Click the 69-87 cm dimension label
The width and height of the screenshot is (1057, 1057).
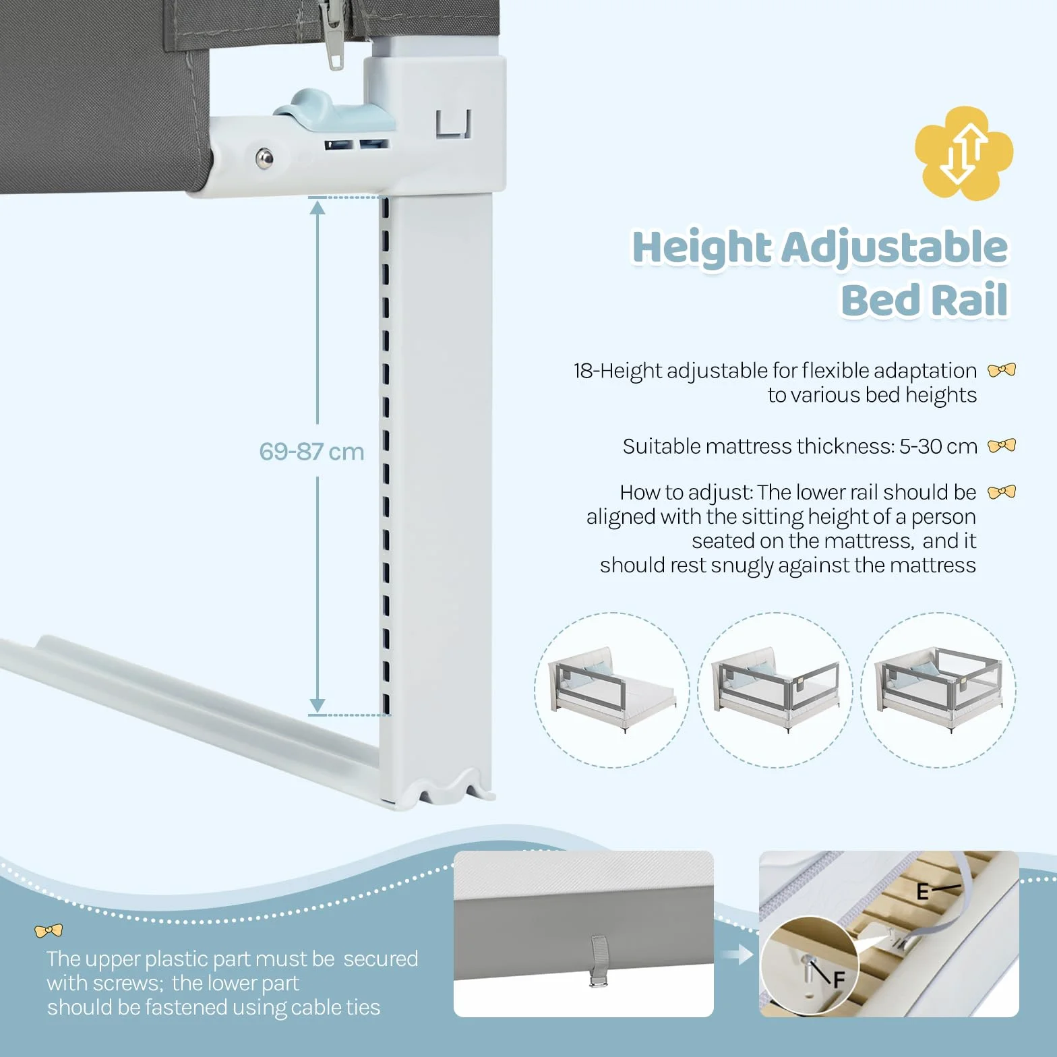311,451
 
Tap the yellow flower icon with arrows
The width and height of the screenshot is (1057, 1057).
964,153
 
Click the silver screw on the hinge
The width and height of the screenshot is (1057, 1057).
265,158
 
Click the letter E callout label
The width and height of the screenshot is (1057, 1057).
923,892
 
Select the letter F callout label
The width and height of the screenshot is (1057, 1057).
839,979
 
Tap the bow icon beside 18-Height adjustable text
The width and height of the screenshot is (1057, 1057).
1002,370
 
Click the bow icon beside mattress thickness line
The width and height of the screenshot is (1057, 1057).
1002,446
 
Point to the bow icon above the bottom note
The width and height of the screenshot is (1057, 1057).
49,931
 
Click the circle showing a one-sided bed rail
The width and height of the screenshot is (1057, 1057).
612,690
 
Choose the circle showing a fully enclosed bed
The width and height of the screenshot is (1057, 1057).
938,690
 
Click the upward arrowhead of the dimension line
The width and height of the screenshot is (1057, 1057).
318,207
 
